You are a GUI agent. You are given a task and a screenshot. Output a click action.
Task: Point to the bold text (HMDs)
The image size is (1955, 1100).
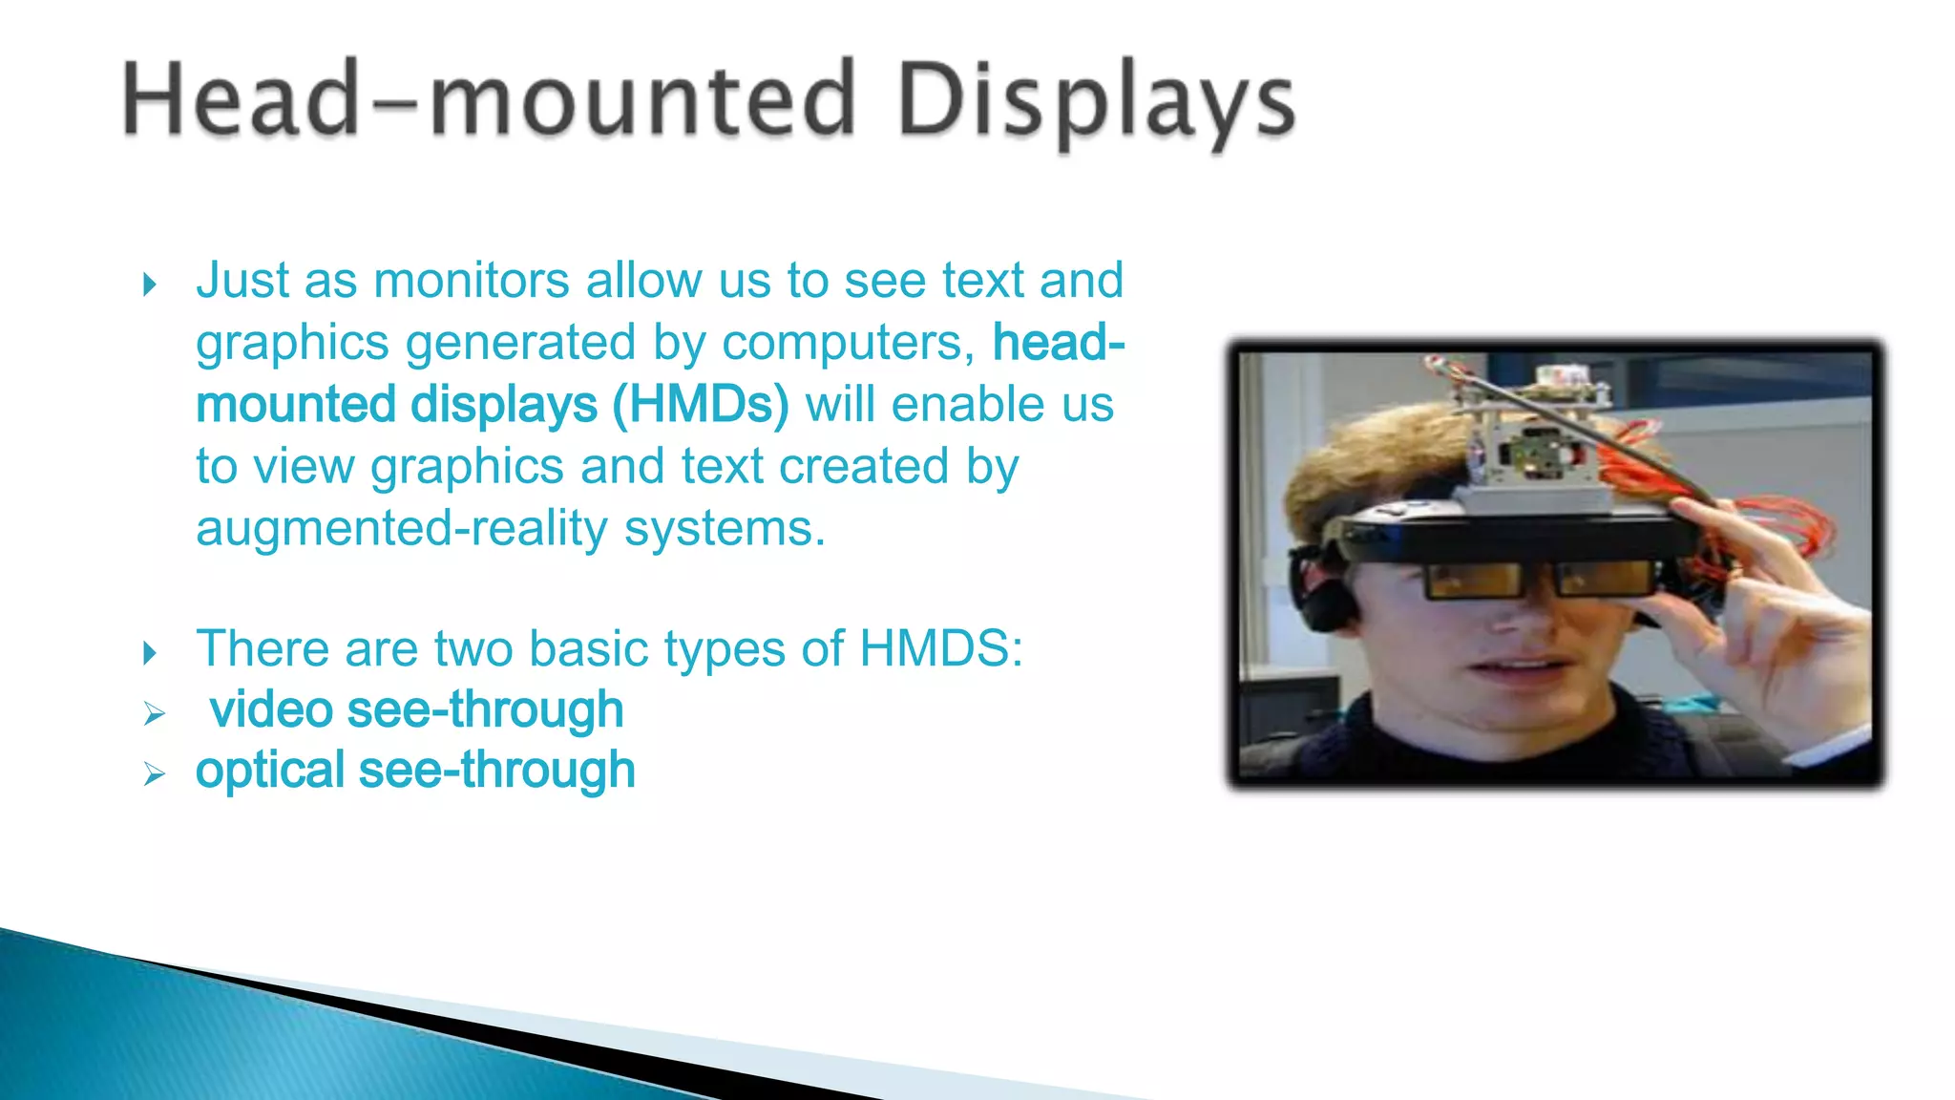pyautogui.click(x=701, y=405)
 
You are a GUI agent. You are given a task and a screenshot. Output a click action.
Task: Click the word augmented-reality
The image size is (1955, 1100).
pyautogui.click(x=401, y=528)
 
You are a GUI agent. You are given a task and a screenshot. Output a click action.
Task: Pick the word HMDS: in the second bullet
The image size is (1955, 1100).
pyautogui.click(x=941, y=649)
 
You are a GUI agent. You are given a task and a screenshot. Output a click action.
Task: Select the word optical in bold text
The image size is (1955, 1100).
pyautogui.click(x=269, y=771)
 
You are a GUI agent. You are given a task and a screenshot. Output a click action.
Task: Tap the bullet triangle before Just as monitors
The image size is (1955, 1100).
pyautogui.click(x=150, y=285)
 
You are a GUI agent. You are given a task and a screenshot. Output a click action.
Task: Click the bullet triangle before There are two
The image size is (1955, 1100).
pyautogui.click(x=150, y=653)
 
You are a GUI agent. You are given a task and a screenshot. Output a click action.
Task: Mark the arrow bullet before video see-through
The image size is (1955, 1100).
pyautogui.click(x=154, y=713)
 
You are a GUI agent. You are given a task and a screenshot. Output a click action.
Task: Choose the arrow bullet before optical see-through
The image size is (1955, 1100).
pyautogui.click(x=154, y=773)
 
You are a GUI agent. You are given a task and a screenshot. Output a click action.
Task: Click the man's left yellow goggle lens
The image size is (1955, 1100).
pyautogui.click(x=1472, y=580)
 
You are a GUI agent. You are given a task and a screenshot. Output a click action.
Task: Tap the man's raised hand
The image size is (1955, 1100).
pyautogui.click(x=1766, y=611)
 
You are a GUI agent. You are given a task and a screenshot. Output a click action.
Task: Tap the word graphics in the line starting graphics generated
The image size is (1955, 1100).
pyautogui.click(x=292, y=343)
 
